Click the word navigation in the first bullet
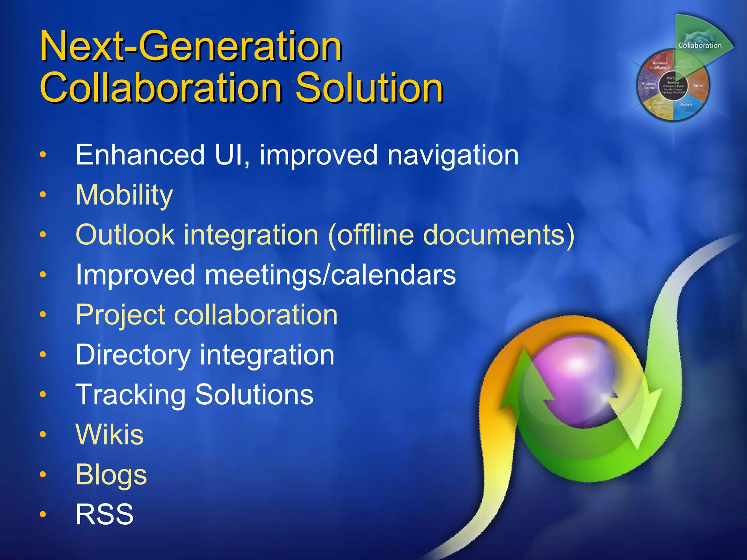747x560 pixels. (453, 155)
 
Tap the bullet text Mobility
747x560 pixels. (124, 195)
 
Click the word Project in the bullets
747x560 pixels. (121, 315)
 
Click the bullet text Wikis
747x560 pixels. (109, 435)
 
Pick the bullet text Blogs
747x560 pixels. (111, 475)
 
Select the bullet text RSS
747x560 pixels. (104, 514)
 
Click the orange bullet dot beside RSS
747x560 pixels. (43, 514)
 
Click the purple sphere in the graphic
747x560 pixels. (576, 383)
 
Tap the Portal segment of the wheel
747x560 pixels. (697, 86)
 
